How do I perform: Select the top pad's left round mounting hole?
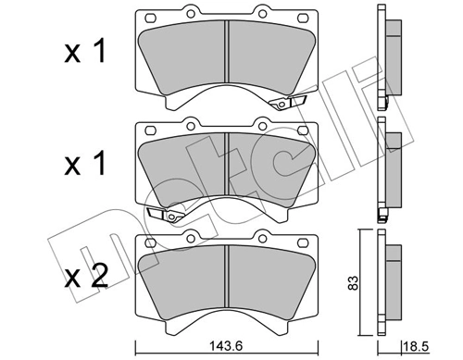click(190, 14)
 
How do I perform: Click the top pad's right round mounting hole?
click(266, 14)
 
